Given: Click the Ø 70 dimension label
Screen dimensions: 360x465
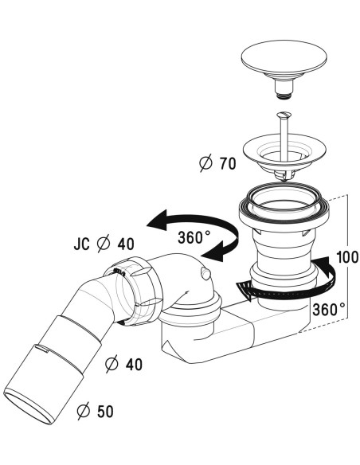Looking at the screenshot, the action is click(x=217, y=163).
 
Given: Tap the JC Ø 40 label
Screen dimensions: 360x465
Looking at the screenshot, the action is click(x=104, y=244).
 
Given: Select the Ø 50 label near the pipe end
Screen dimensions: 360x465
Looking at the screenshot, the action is click(x=96, y=411).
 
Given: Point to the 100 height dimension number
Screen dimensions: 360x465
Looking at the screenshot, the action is click(x=348, y=257).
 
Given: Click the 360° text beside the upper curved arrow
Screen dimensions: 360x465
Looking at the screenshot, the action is click(x=194, y=237).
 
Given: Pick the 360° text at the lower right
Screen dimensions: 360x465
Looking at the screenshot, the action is click(x=329, y=310).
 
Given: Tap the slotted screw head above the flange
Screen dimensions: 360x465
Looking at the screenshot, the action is click(x=284, y=115).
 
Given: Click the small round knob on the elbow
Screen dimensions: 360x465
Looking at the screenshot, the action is click(x=205, y=273).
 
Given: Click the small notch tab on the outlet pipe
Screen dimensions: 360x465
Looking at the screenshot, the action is click(x=41, y=348).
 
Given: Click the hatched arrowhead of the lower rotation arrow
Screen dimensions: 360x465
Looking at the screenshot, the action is click(x=245, y=291).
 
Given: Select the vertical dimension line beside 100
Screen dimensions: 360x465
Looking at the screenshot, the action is click(x=347, y=257).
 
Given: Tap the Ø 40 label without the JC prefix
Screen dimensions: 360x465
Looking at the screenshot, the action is click(x=124, y=364).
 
